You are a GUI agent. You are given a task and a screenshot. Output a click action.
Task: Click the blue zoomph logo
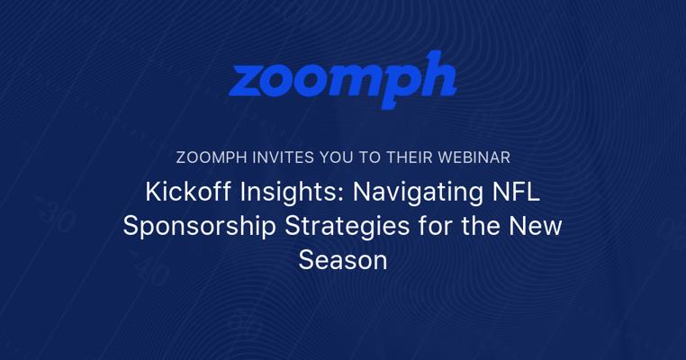[343, 79]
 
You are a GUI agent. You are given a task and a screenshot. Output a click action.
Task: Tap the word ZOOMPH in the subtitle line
[212, 157]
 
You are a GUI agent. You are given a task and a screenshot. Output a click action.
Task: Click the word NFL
[516, 192]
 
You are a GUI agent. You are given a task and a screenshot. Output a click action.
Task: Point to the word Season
[343, 260]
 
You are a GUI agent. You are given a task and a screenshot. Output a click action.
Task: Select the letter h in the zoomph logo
[433, 75]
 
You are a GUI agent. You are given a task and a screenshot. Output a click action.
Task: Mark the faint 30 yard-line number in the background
[57, 215]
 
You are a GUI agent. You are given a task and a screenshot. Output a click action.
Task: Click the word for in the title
[434, 226]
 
